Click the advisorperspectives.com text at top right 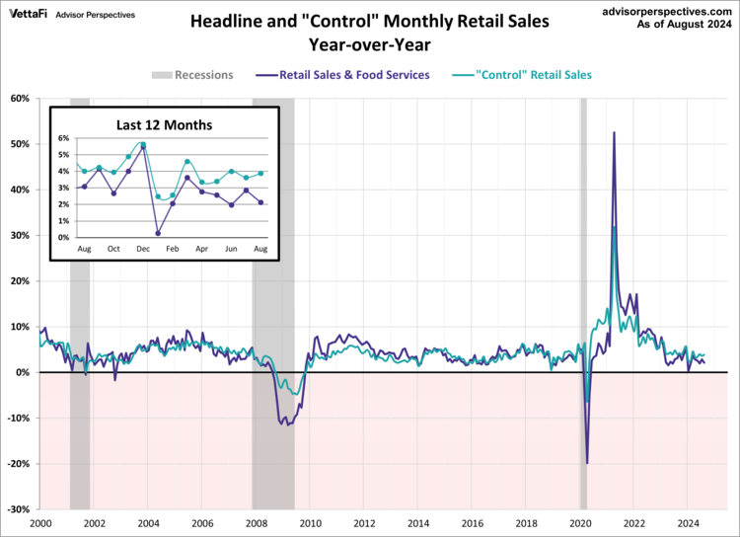click(x=667, y=9)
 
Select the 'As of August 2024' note click(x=684, y=23)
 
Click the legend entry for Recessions click(x=192, y=74)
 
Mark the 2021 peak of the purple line click(x=614, y=132)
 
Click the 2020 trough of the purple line click(x=587, y=463)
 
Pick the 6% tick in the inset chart click(x=62, y=138)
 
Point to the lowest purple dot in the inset click(x=158, y=234)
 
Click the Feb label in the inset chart click(x=172, y=251)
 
